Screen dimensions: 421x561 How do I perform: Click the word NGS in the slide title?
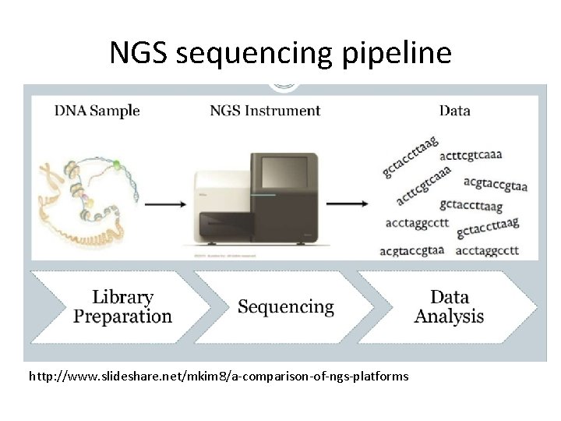click(138, 53)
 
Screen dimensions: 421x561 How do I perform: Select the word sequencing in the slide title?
click(256, 54)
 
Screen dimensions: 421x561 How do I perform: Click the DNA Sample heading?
click(97, 111)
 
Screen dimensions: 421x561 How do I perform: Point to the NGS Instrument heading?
click(265, 111)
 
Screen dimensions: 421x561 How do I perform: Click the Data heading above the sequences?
click(454, 111)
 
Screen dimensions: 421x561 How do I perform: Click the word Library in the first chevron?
click(122, 297)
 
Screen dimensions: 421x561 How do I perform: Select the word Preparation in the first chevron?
click(122, 317)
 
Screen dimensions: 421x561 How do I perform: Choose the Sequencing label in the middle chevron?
click(286, 307)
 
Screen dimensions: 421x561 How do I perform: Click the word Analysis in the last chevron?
click(449, 317)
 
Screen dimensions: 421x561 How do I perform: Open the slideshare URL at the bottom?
click(218, 377)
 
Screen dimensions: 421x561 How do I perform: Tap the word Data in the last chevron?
click(450, 297)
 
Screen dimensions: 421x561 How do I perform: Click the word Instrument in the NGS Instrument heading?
click(283, 111)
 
